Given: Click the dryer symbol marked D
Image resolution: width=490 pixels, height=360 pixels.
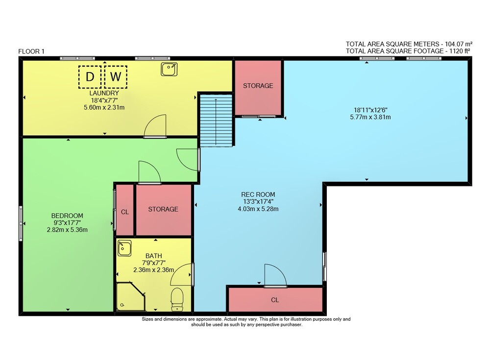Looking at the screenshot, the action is click(x=90, y=76).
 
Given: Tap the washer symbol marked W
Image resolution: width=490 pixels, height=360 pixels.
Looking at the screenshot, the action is click(x=116, y=76).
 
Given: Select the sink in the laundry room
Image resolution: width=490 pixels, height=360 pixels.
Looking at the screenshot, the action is click(x=169, y=69).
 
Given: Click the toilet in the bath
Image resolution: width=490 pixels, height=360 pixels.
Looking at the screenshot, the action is click(x=177, y=300).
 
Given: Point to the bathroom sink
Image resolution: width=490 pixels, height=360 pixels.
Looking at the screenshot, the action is click(x=124, y=248).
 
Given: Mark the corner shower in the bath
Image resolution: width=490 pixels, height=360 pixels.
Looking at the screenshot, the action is click(x=131, y=296).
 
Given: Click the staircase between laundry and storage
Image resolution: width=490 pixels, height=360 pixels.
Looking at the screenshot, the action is click(x=216, y=120).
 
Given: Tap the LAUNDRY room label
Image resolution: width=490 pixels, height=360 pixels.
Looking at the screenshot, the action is click(x=104, y=93).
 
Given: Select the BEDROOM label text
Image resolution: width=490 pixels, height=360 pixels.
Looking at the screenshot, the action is click(x=67, y=216).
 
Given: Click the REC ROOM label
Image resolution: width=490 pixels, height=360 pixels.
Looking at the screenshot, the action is click(x=258, y=194).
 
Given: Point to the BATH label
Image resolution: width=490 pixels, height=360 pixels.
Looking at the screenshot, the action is click(x=154, y=256).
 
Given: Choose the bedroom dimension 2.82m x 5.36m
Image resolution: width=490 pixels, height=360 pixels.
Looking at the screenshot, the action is click(x=67, y=230).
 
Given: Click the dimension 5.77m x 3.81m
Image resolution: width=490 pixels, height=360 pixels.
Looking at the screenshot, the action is click(x=370, y=117).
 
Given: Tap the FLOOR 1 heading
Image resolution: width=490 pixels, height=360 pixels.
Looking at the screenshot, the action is click(x=31, y=51).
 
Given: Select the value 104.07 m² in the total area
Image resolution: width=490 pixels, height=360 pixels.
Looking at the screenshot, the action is click(x=459, y=44).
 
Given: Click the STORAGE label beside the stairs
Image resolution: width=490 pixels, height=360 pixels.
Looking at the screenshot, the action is click(x=258, y=86).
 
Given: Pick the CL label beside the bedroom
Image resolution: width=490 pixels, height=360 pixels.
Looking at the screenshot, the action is click(x=124, y=212).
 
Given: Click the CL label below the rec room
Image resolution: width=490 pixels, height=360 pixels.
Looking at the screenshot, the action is click(x=275, y=300).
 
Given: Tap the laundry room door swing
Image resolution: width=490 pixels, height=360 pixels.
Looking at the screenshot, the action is click(x=155, y=126).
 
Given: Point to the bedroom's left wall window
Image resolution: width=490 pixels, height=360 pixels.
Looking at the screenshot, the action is click(x=21, y=223).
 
